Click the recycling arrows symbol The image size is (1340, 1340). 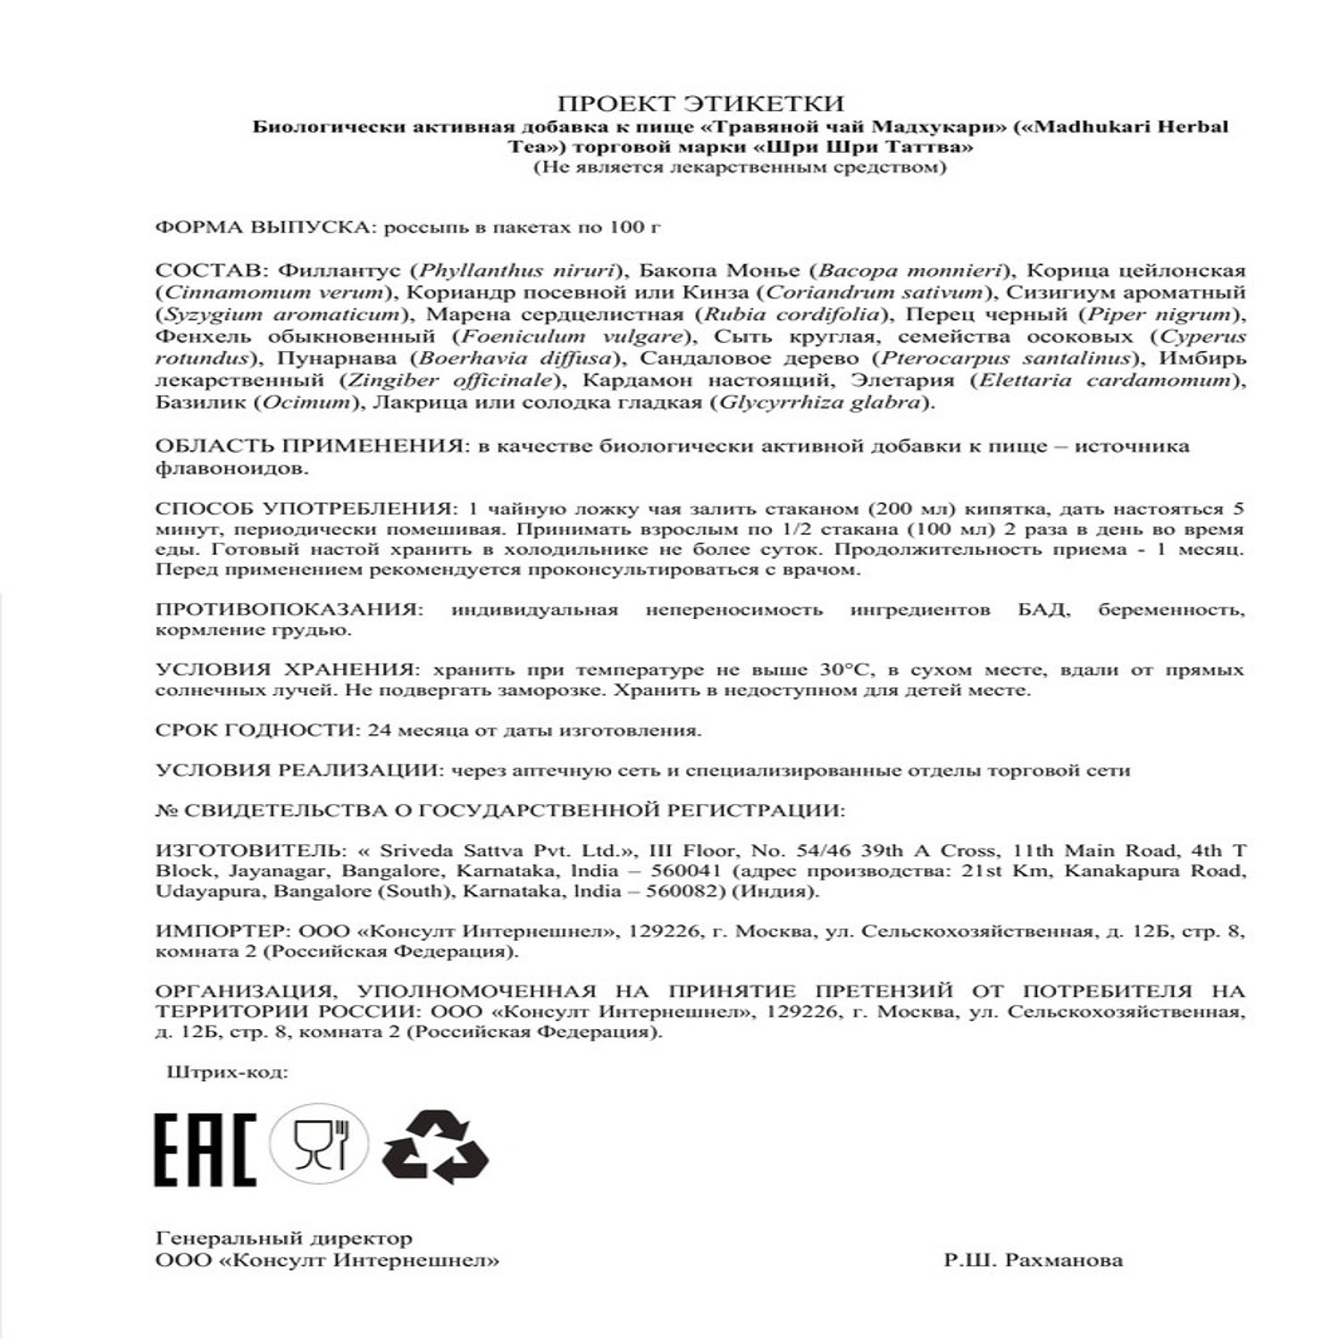(x=436, y=1146)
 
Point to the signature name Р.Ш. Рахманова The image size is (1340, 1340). (x=1033, y=1260)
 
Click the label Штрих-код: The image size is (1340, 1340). (x=228, y=1072)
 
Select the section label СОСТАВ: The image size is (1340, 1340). (x=213, y=271)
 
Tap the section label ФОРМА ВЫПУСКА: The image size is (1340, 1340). (x=264, y=227)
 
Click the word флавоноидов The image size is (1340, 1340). (x=232, y=467)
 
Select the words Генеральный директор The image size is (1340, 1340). (x=283, y=1239)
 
